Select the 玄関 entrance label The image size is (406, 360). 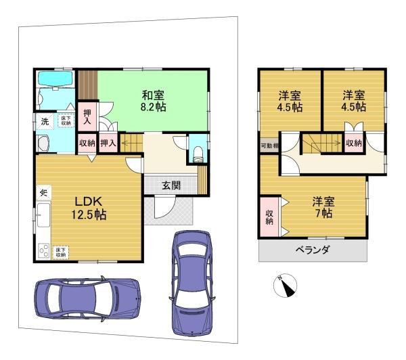171,185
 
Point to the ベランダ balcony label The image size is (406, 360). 312,250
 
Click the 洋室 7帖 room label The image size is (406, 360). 322,206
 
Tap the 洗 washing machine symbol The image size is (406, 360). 45,122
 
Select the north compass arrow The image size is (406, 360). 288,286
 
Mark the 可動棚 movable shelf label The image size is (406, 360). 269,145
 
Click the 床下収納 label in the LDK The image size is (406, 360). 61,252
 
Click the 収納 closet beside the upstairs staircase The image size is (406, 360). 353,143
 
